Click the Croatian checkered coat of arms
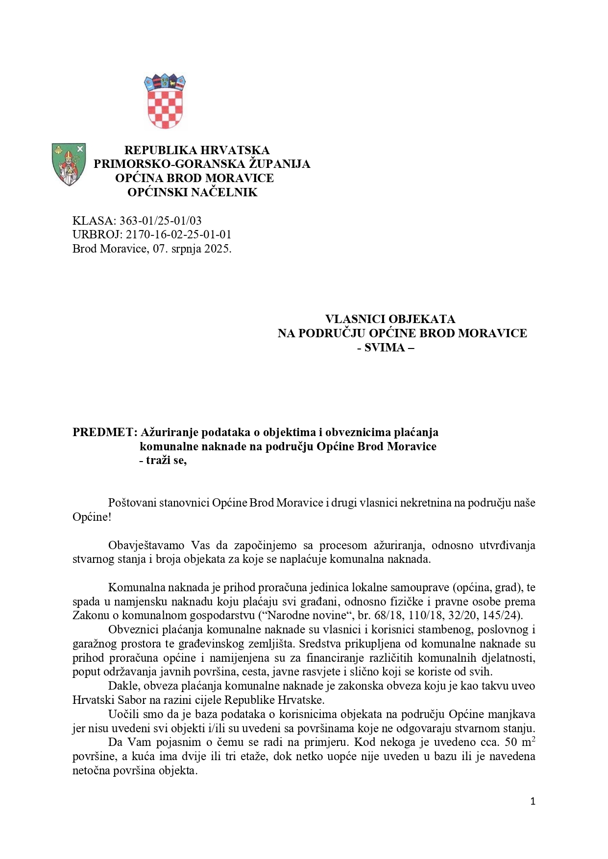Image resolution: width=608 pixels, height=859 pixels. [x=165, y=102]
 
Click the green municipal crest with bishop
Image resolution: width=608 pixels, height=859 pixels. [x=69, y=164]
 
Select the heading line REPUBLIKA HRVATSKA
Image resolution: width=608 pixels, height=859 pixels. [x=196, y=150]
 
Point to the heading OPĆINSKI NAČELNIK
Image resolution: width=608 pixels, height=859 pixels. [x=192, y=192]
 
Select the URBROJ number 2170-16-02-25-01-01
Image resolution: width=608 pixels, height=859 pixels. [x=178, y=234]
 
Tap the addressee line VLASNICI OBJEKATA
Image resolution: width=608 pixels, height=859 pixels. [x=390, y=319]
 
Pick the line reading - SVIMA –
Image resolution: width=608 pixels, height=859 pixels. [x=386, y=348]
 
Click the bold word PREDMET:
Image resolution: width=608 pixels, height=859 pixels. [x=104, y=432]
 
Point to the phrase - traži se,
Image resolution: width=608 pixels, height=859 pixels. [x=163, y=461]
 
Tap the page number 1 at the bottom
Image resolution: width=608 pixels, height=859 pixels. [x=533, y=801]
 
